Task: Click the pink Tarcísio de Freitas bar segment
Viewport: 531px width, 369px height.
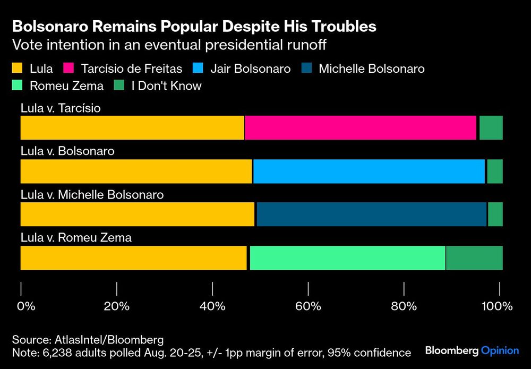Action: click(x=361, y=128)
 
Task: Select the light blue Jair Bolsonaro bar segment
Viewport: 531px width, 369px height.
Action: click(x=369, y=171)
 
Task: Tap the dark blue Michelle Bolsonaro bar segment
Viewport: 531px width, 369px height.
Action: click(x=372, y=214)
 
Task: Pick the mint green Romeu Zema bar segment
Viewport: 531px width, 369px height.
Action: click(x=347, y=258)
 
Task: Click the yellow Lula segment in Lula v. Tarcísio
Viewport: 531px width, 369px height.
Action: click(x=132, y=128)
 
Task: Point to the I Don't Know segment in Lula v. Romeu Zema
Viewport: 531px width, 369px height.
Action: click(x=474, y=258)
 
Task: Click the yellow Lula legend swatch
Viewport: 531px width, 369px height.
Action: click(x=17, y=68)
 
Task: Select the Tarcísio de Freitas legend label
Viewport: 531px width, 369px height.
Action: click(x=131, y=68)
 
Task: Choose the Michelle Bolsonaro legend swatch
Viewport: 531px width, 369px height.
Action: click(x=307, y=68)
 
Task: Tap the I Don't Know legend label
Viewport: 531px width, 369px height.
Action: click(x=166, y=85)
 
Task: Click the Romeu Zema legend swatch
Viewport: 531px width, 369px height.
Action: click(x=17, y=85)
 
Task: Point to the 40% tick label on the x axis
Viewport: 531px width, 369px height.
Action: click(x=212, y=306)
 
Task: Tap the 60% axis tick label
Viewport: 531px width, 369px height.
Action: click(x=309, y=306)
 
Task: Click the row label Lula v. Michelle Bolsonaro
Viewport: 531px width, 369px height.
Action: click(x=92, y=195)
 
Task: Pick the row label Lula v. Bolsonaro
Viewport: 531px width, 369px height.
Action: click(x=67, y=151)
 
